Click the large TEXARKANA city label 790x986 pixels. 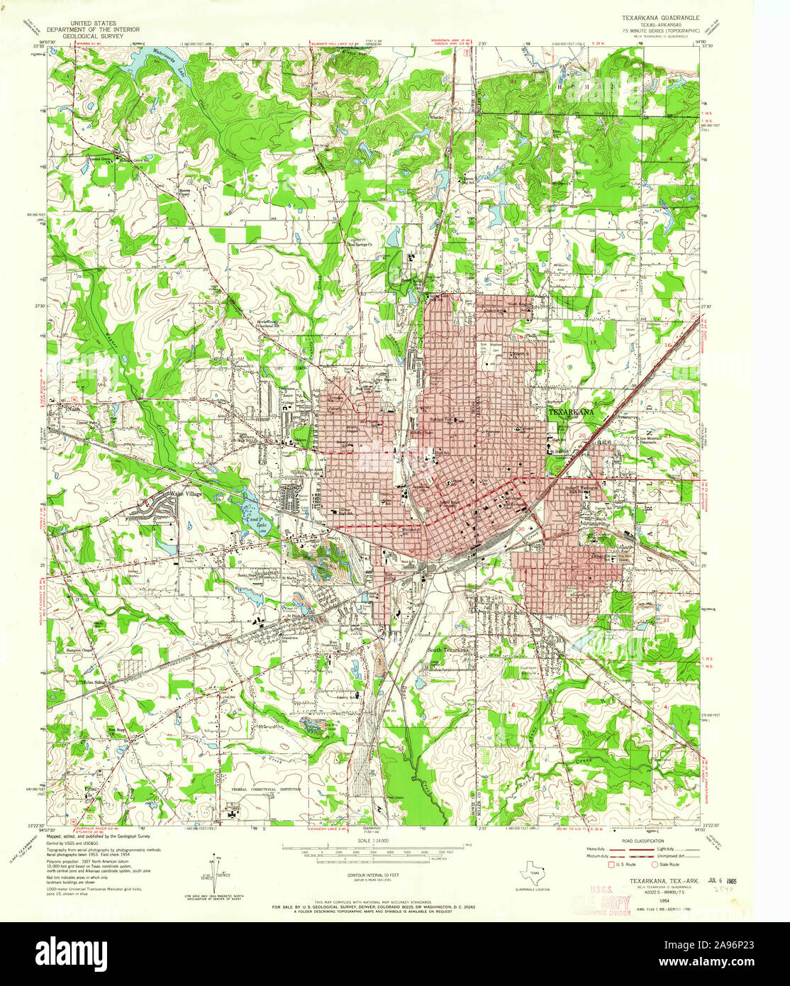pyautogui.click(x=571, y=411)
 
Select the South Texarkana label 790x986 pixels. pyautogui.click(x=447, y=650)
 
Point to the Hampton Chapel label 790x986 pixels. pyautogui.click(x=80, y=650)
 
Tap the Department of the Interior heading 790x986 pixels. pyautogui.click(x=93, y=30)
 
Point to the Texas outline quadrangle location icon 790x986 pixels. pyautogui.click(x=533, y=873)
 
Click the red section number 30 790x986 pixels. pyautogui.click(x=521, y=529)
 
